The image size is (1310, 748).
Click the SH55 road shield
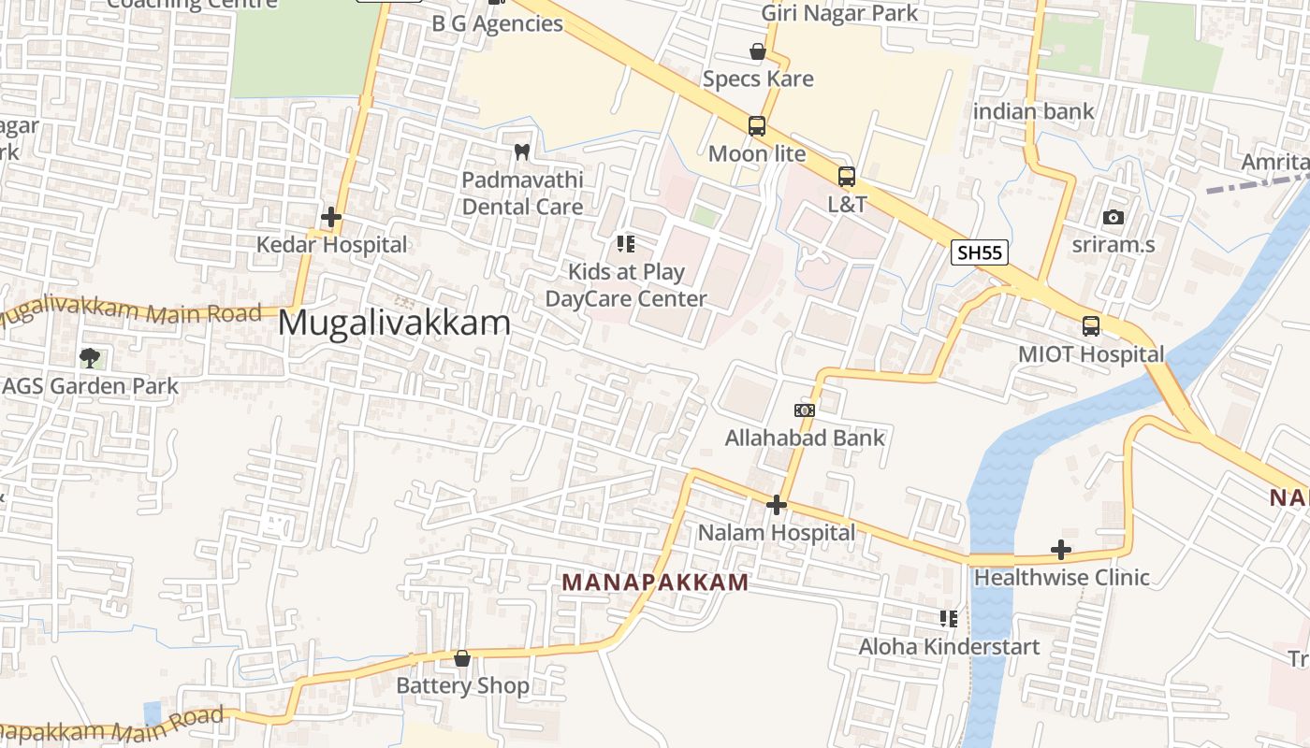980,252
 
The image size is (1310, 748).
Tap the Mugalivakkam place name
394,324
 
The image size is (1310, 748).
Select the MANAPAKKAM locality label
655,583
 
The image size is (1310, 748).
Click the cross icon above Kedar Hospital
330,218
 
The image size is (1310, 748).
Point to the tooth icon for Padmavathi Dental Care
522,151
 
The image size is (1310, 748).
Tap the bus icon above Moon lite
756,125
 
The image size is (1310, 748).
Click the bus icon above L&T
846,176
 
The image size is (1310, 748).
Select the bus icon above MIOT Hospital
1090,326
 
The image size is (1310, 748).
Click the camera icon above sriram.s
1113,217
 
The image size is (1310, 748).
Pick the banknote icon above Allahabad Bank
804,410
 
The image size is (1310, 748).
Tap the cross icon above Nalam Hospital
776,506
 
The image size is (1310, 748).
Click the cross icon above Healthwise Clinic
1060,550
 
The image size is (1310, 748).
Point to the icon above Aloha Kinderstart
948,619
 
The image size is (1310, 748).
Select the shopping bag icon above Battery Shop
461,658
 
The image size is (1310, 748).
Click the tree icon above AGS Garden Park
90,357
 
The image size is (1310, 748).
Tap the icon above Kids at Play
626,244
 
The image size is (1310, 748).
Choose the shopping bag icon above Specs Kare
757,51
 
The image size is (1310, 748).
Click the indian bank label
1033,112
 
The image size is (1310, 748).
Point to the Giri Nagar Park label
839,13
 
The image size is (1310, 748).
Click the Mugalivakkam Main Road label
131,313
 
